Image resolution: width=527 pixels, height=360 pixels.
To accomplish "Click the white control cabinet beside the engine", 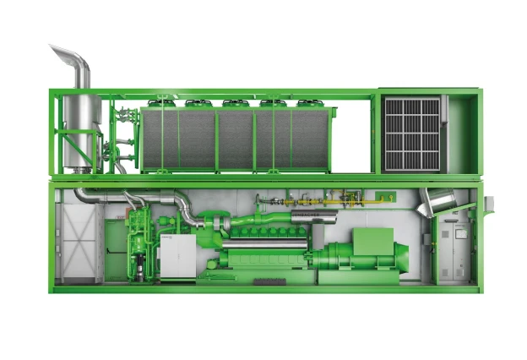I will [179, 258].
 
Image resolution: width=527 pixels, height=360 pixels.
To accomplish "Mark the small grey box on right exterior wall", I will [489, 204].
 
